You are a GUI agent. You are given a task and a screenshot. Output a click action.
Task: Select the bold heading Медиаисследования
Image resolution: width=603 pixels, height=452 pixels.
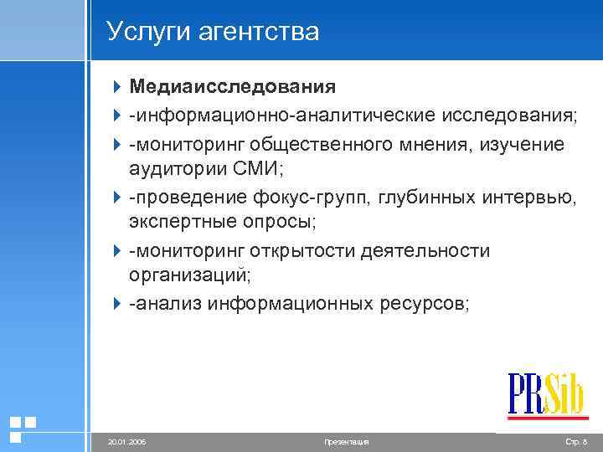[232, 87]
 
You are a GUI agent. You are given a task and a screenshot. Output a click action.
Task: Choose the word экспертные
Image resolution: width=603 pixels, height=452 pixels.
[178, 223]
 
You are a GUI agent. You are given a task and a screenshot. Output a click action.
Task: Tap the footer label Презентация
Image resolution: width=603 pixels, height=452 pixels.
[345, 440]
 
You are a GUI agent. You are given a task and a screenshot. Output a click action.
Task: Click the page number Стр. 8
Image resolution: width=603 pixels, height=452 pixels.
[577, 440]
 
